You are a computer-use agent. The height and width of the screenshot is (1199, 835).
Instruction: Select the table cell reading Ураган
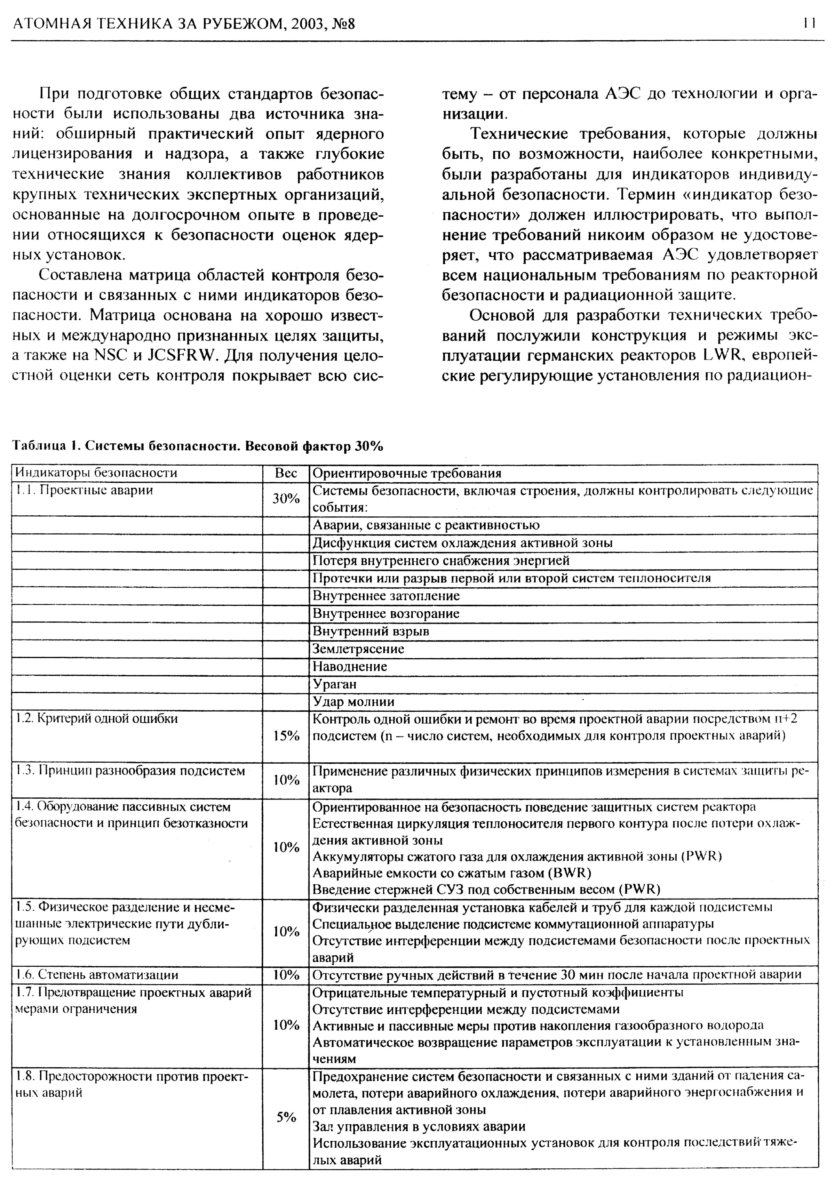point(334,684)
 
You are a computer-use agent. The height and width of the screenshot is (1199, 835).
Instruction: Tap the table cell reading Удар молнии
point(353,702)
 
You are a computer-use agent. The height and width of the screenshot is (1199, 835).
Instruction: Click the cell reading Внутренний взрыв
point(371,631)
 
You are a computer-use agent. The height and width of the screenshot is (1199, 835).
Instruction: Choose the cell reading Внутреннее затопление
point(385,596)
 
